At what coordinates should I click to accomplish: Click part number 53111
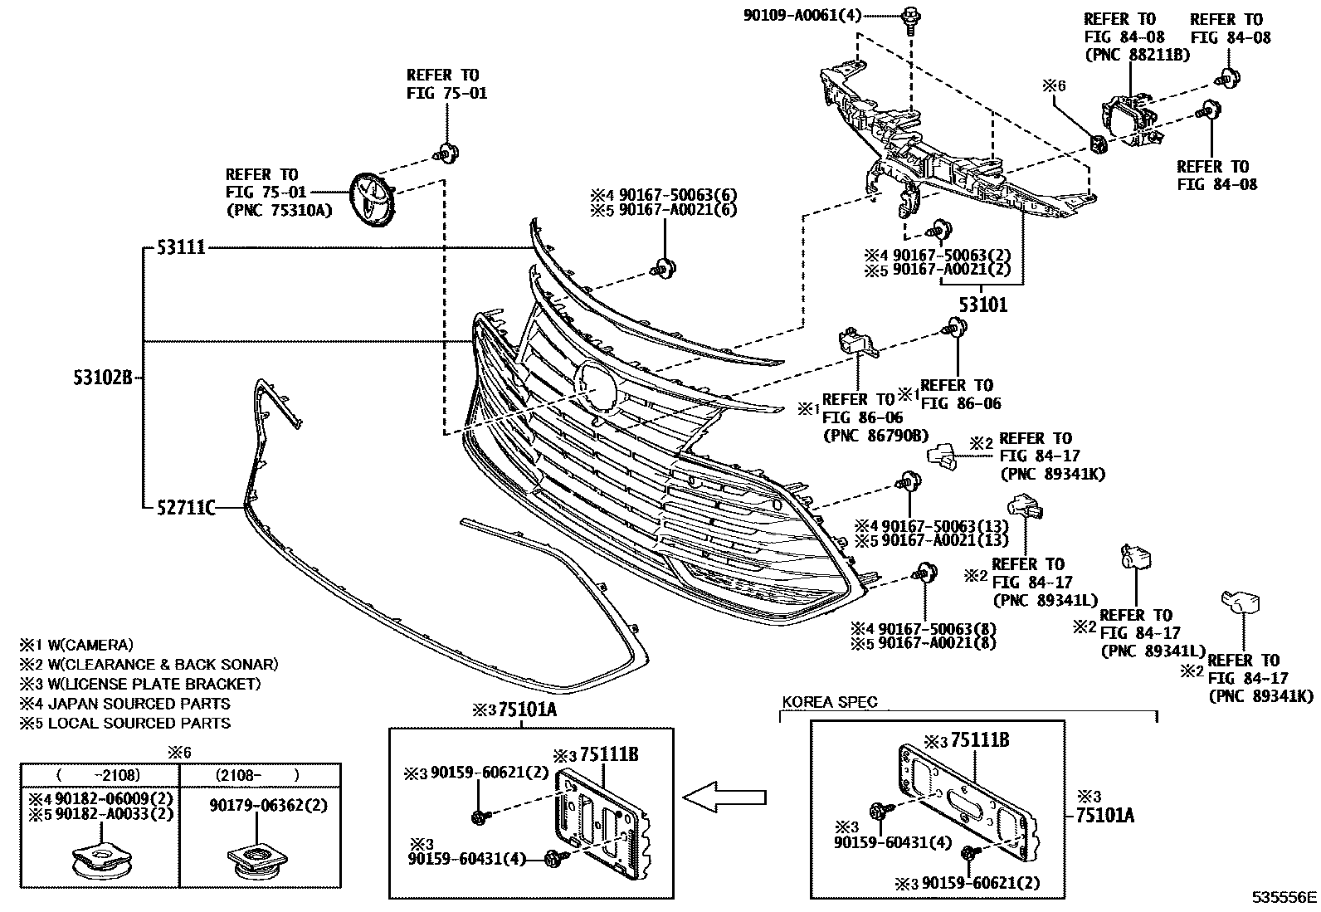pyautogui.click(x=181, y=248)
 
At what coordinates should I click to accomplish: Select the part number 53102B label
pyautogui.click(x=101, y=378)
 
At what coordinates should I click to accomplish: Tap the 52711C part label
pyautogui.click(x=186, y=507)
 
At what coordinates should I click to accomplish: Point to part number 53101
pyautogui.click(x=983, y=305)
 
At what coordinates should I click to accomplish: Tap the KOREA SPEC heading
pyautogui.click(x=829, y=702)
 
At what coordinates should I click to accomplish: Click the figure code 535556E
pyautogui.click(x=1284, y=896)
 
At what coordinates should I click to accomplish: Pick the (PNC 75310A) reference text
pyautogui.click(x=278, y=211)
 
